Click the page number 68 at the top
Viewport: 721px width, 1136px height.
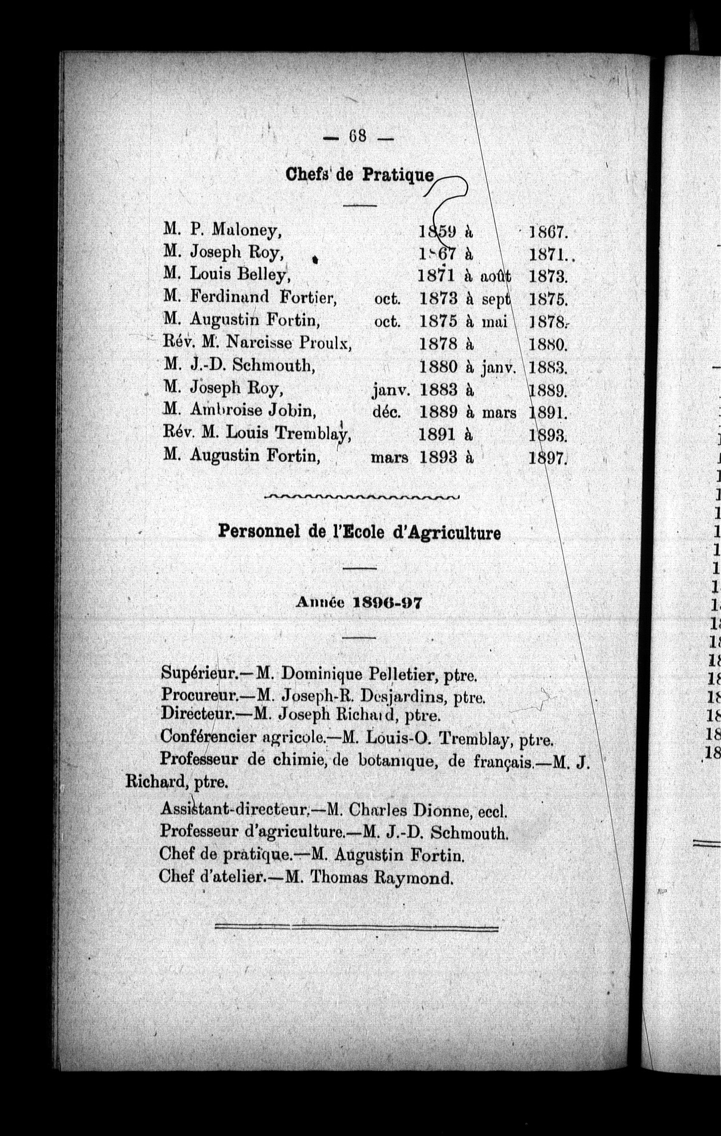(x=358, y=137)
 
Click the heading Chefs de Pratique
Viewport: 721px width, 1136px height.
(x=360, y=174)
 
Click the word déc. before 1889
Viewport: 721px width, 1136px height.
(x=388, y=412)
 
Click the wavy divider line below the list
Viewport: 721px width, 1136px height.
(x=362, y=497)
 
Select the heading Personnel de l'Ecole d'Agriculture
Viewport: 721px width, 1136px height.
(x=359, y=533)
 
